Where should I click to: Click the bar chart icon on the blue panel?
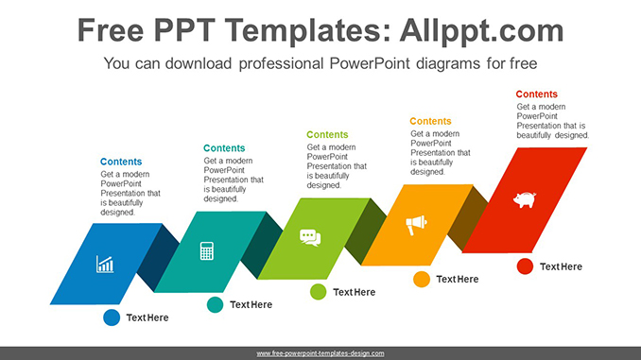tap(105, 265)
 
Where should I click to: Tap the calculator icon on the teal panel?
tap(207, 250)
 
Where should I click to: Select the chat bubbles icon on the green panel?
tap(310, 237)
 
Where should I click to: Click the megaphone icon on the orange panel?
tap(416, 225)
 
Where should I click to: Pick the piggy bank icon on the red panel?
tap(524, 199)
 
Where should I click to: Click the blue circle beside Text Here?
tap(112, 317)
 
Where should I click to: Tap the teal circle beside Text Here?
tap(215, 304)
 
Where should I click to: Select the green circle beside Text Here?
tap(319, 292)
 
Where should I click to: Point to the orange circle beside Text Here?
tap(422, 279)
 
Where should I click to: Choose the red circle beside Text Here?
tap(525, 266)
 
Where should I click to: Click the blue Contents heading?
tap(121, 162)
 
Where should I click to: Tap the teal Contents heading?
tap(224, 148)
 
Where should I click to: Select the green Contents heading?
tap(327, 135)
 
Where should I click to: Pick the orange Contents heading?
tap(430, 121)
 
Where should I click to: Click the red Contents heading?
tap(537, 94)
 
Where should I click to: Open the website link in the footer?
tap(320, 352)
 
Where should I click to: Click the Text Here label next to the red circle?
tap(561, 266)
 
